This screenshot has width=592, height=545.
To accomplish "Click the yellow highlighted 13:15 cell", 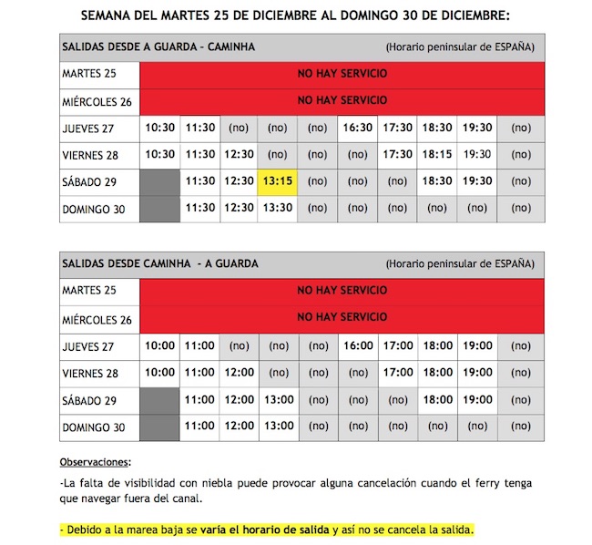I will coord(278,181).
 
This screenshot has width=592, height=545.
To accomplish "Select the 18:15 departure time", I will coord(437,155).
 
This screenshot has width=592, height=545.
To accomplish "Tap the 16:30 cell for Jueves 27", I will coord(358,129).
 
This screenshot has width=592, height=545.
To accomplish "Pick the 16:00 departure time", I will coord(358,346).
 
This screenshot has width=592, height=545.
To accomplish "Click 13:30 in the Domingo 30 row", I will coord(278,208).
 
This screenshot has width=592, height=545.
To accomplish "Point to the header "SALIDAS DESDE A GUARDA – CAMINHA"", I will coord(158,46).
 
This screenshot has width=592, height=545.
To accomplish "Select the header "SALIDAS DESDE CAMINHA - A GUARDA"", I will coord(159,263).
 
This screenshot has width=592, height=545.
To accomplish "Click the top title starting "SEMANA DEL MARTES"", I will coord(296,15).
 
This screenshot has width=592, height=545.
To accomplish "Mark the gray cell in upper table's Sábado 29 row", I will coord(160,181).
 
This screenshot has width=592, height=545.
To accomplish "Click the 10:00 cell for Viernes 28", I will coord(160,373).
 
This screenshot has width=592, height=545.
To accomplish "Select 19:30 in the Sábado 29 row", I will coord(477,181).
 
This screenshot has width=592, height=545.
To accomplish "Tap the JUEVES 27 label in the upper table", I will coord(89,129).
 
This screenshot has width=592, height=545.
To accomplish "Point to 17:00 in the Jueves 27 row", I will coord(398,346).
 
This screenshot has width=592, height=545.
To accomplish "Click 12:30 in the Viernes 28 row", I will coord(239,155).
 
